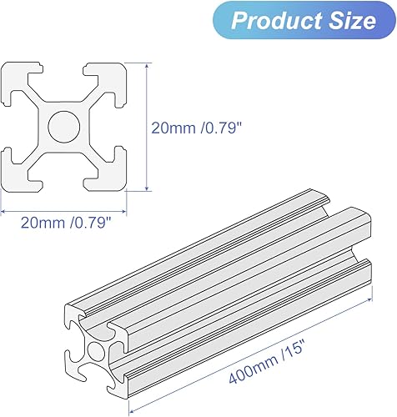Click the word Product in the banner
pos(273,20)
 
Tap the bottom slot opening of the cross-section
pos(65,185)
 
